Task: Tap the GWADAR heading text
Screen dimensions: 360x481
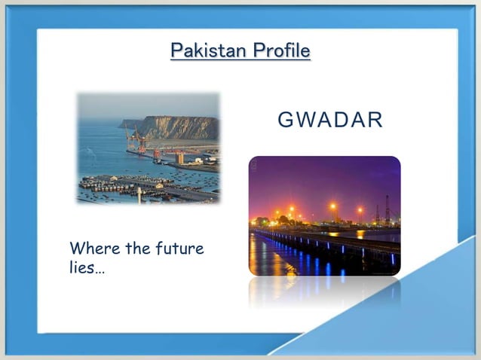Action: click(330, 121)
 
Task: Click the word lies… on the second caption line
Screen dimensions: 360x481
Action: click(87, 268)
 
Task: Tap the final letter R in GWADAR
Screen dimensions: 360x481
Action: click(375, 121)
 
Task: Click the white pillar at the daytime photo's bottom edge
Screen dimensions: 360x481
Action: click(139, 194)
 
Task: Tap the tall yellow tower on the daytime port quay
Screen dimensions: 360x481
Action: click(180, 157)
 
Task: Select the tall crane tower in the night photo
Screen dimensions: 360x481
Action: click(387, 208)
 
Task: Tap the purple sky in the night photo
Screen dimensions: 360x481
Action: click(324, 177)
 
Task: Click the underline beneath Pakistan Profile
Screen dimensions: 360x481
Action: click(240, 60)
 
